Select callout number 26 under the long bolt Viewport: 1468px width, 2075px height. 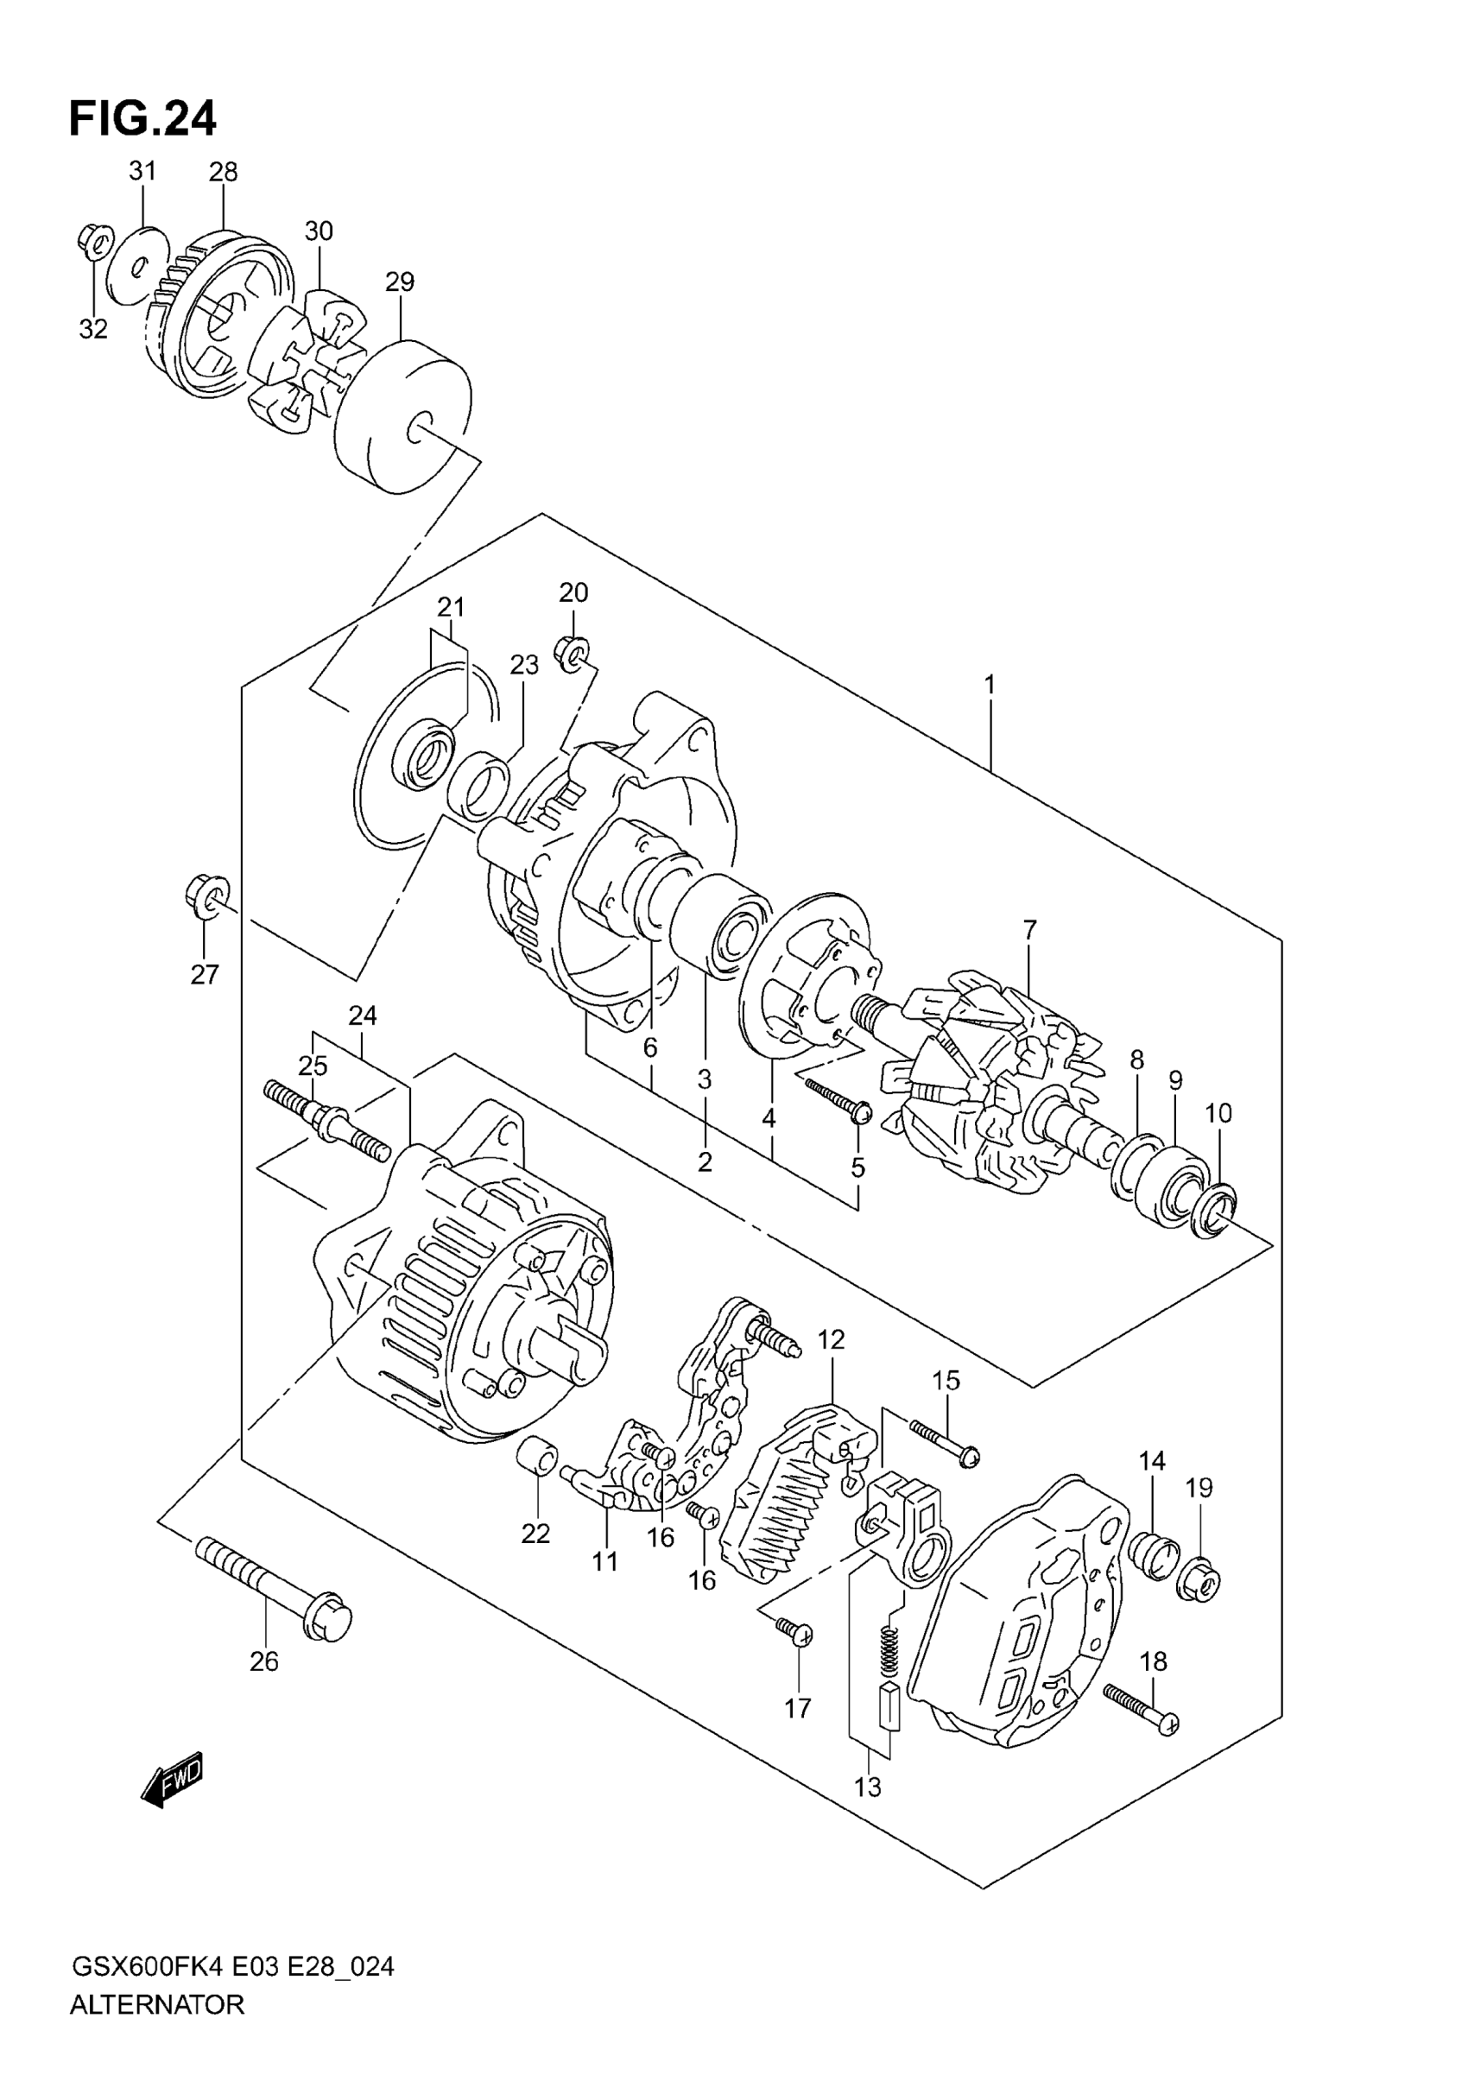[x=264, y=1661]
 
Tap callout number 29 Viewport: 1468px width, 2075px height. [x=400, y=282]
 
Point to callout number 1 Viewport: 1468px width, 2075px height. [x=990, y=685]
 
